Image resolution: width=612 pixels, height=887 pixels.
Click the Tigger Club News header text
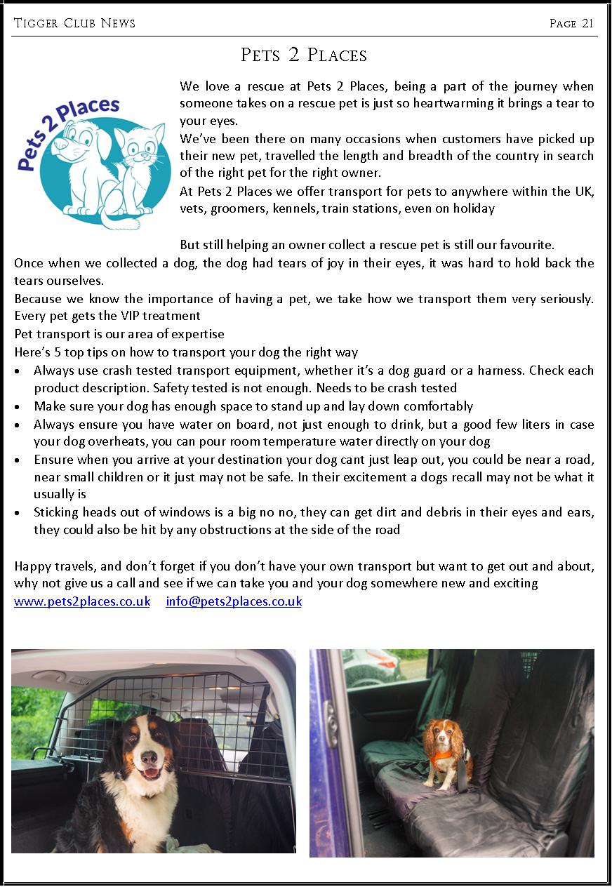click(74, 23)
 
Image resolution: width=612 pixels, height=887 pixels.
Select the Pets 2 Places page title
click(304, 54)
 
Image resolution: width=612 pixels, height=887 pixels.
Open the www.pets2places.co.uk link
click(82, 601)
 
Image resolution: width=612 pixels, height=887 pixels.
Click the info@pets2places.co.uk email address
click(234, 601)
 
